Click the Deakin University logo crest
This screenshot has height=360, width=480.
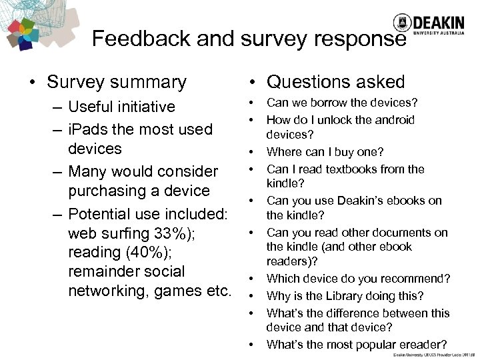401,23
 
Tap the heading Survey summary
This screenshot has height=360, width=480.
117,83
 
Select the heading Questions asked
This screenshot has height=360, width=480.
335,83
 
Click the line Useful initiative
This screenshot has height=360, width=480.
121,107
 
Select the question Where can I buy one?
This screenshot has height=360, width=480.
325,151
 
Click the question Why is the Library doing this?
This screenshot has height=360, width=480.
345,295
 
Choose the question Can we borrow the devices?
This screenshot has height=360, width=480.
342,103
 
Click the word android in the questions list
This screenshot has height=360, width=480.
392,120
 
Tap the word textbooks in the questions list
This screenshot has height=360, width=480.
347,169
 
